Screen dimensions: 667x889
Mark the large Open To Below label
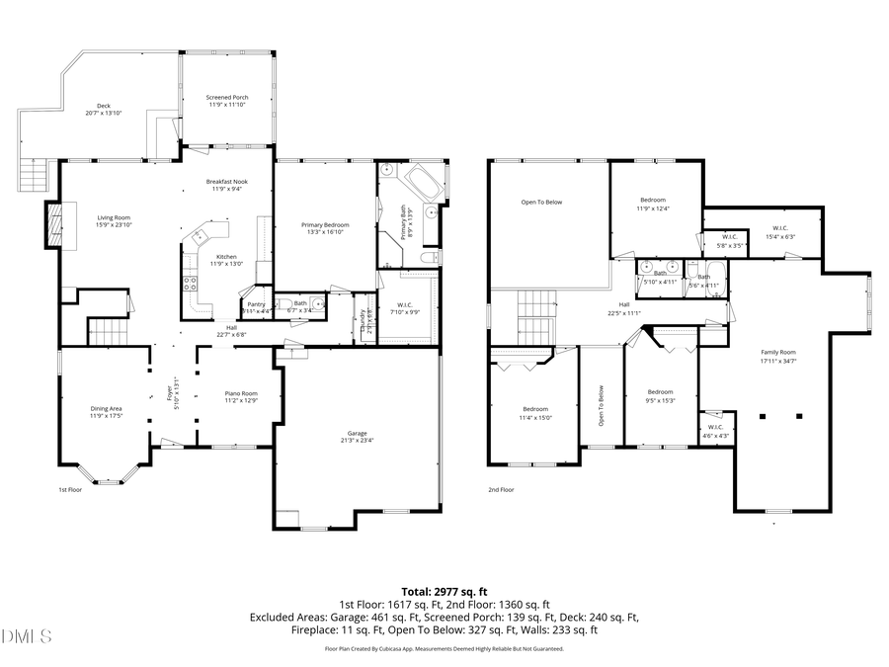coord(541,203)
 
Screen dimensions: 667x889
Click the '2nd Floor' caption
coord(501,489)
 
